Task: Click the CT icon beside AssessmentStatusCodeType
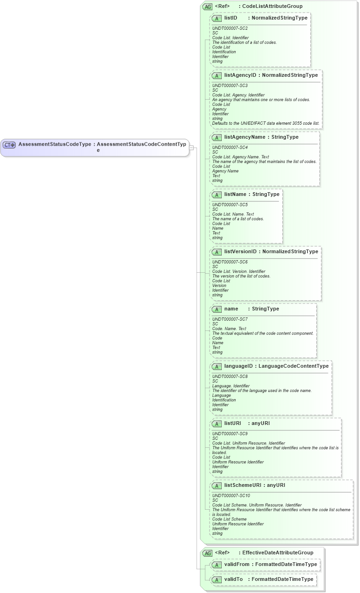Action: [x=9, y=145]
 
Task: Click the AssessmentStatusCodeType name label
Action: [x=54, y=144]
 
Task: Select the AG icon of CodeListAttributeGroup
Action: [x=207, y=7]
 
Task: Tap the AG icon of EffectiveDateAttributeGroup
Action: [x=207, y=553]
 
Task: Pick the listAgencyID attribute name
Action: [x=240, y=75]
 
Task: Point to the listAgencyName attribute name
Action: [x=245, y=137]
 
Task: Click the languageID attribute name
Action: [x=238, y=366]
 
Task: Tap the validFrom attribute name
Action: [x=237, y=564]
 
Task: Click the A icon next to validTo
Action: [x=217, y=580]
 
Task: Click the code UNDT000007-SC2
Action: [x=230, y=28]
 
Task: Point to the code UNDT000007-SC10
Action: [x=231, y=496]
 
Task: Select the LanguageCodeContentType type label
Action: [x=293, y=366]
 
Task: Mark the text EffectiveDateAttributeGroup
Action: [x=278, y=553]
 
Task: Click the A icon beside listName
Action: [x=217, y=195]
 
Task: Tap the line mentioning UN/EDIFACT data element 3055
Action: [x=265, y=123]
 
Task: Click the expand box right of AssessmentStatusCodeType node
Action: [x=191, y=148]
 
